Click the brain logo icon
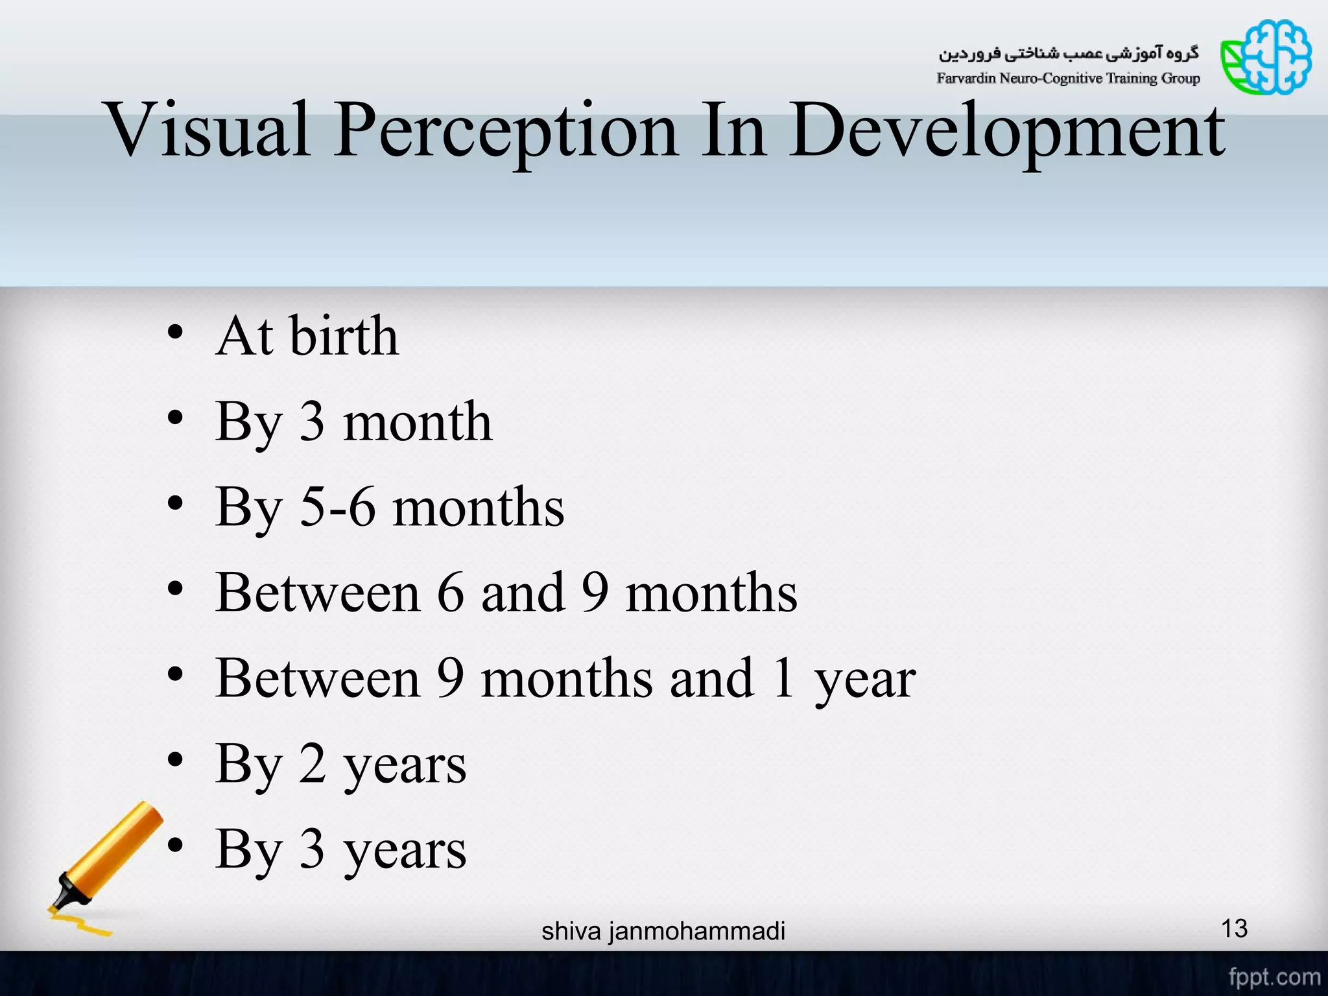pyautogui.click(x=1266, y=57)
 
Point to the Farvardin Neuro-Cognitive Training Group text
pyautogui.click(x=1068, y=78)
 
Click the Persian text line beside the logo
pyautogui.click(x=1069, y=53)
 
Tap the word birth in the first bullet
pyautogui.click(x=344, y=336)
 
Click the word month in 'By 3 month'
pyautogui.click(x=418, y=421)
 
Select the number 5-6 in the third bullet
pyautogui.click(x=337, y=507)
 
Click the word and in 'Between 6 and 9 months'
pyautogui.click(x=523, y=593)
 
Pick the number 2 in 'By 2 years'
pyautogui.click(x=313, y=764)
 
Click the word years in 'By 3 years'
pyautogui.click(x=405, y=850)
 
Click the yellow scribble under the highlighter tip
pyautogui.click(x=80, y=923)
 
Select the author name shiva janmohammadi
pyautogui.click(x=663, y=931)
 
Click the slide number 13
pyautogui.click(x=1234, y=929)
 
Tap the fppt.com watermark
pyautogui.click(x=1274, y=977)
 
